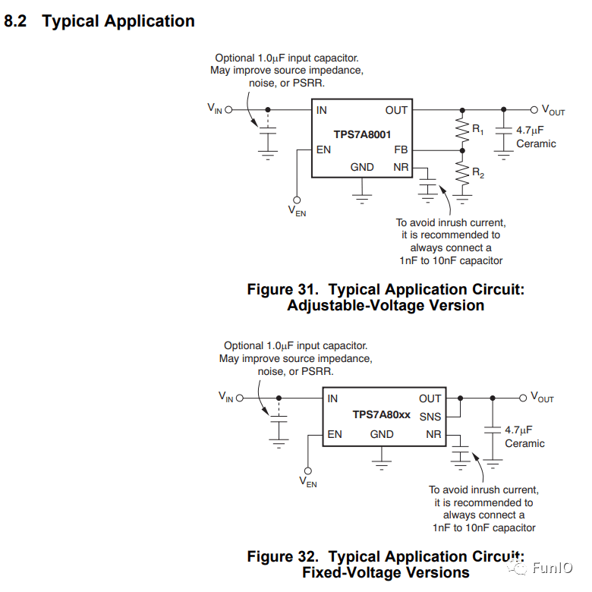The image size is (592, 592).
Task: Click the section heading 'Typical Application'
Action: click(118, 21)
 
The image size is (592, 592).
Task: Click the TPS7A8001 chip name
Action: click(362, 134)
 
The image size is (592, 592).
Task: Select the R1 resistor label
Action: click(477, 131)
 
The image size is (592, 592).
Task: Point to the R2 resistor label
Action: click(477, 173)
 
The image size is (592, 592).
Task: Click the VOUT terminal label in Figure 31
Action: click(553, 111)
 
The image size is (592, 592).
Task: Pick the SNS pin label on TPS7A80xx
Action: click(430, 416)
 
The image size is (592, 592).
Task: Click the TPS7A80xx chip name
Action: click(381, 415)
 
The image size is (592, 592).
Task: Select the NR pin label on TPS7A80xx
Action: click(433, 434)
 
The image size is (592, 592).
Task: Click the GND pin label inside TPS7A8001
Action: click(362, 167)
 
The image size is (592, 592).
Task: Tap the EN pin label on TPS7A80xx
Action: click(334, 434)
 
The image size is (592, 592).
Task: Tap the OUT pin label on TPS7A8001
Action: click(396, 111)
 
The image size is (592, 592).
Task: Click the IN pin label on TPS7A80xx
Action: click(332, 398)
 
